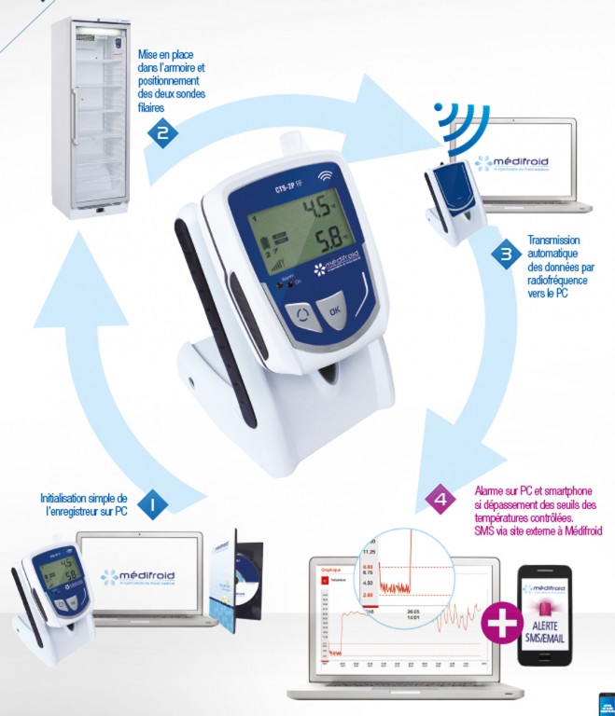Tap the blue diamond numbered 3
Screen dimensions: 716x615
505,254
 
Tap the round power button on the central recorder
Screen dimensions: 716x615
301,314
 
